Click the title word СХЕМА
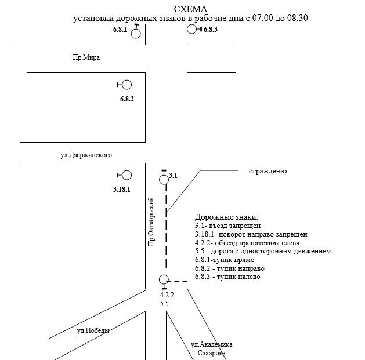191,9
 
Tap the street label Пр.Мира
79,57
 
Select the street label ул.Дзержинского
86,155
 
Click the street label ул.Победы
93,330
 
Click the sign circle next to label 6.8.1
136,33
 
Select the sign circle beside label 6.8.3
192,29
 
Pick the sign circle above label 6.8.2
127,85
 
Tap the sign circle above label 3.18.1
127,175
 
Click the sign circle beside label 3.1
164,179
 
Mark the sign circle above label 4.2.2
164,279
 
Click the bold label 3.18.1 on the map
122,190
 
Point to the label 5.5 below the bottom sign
164,304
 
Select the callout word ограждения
268,172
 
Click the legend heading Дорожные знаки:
226,217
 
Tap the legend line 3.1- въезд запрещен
228,226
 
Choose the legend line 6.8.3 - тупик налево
227,277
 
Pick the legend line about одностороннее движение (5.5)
263,251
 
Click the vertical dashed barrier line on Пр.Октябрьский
167,232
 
